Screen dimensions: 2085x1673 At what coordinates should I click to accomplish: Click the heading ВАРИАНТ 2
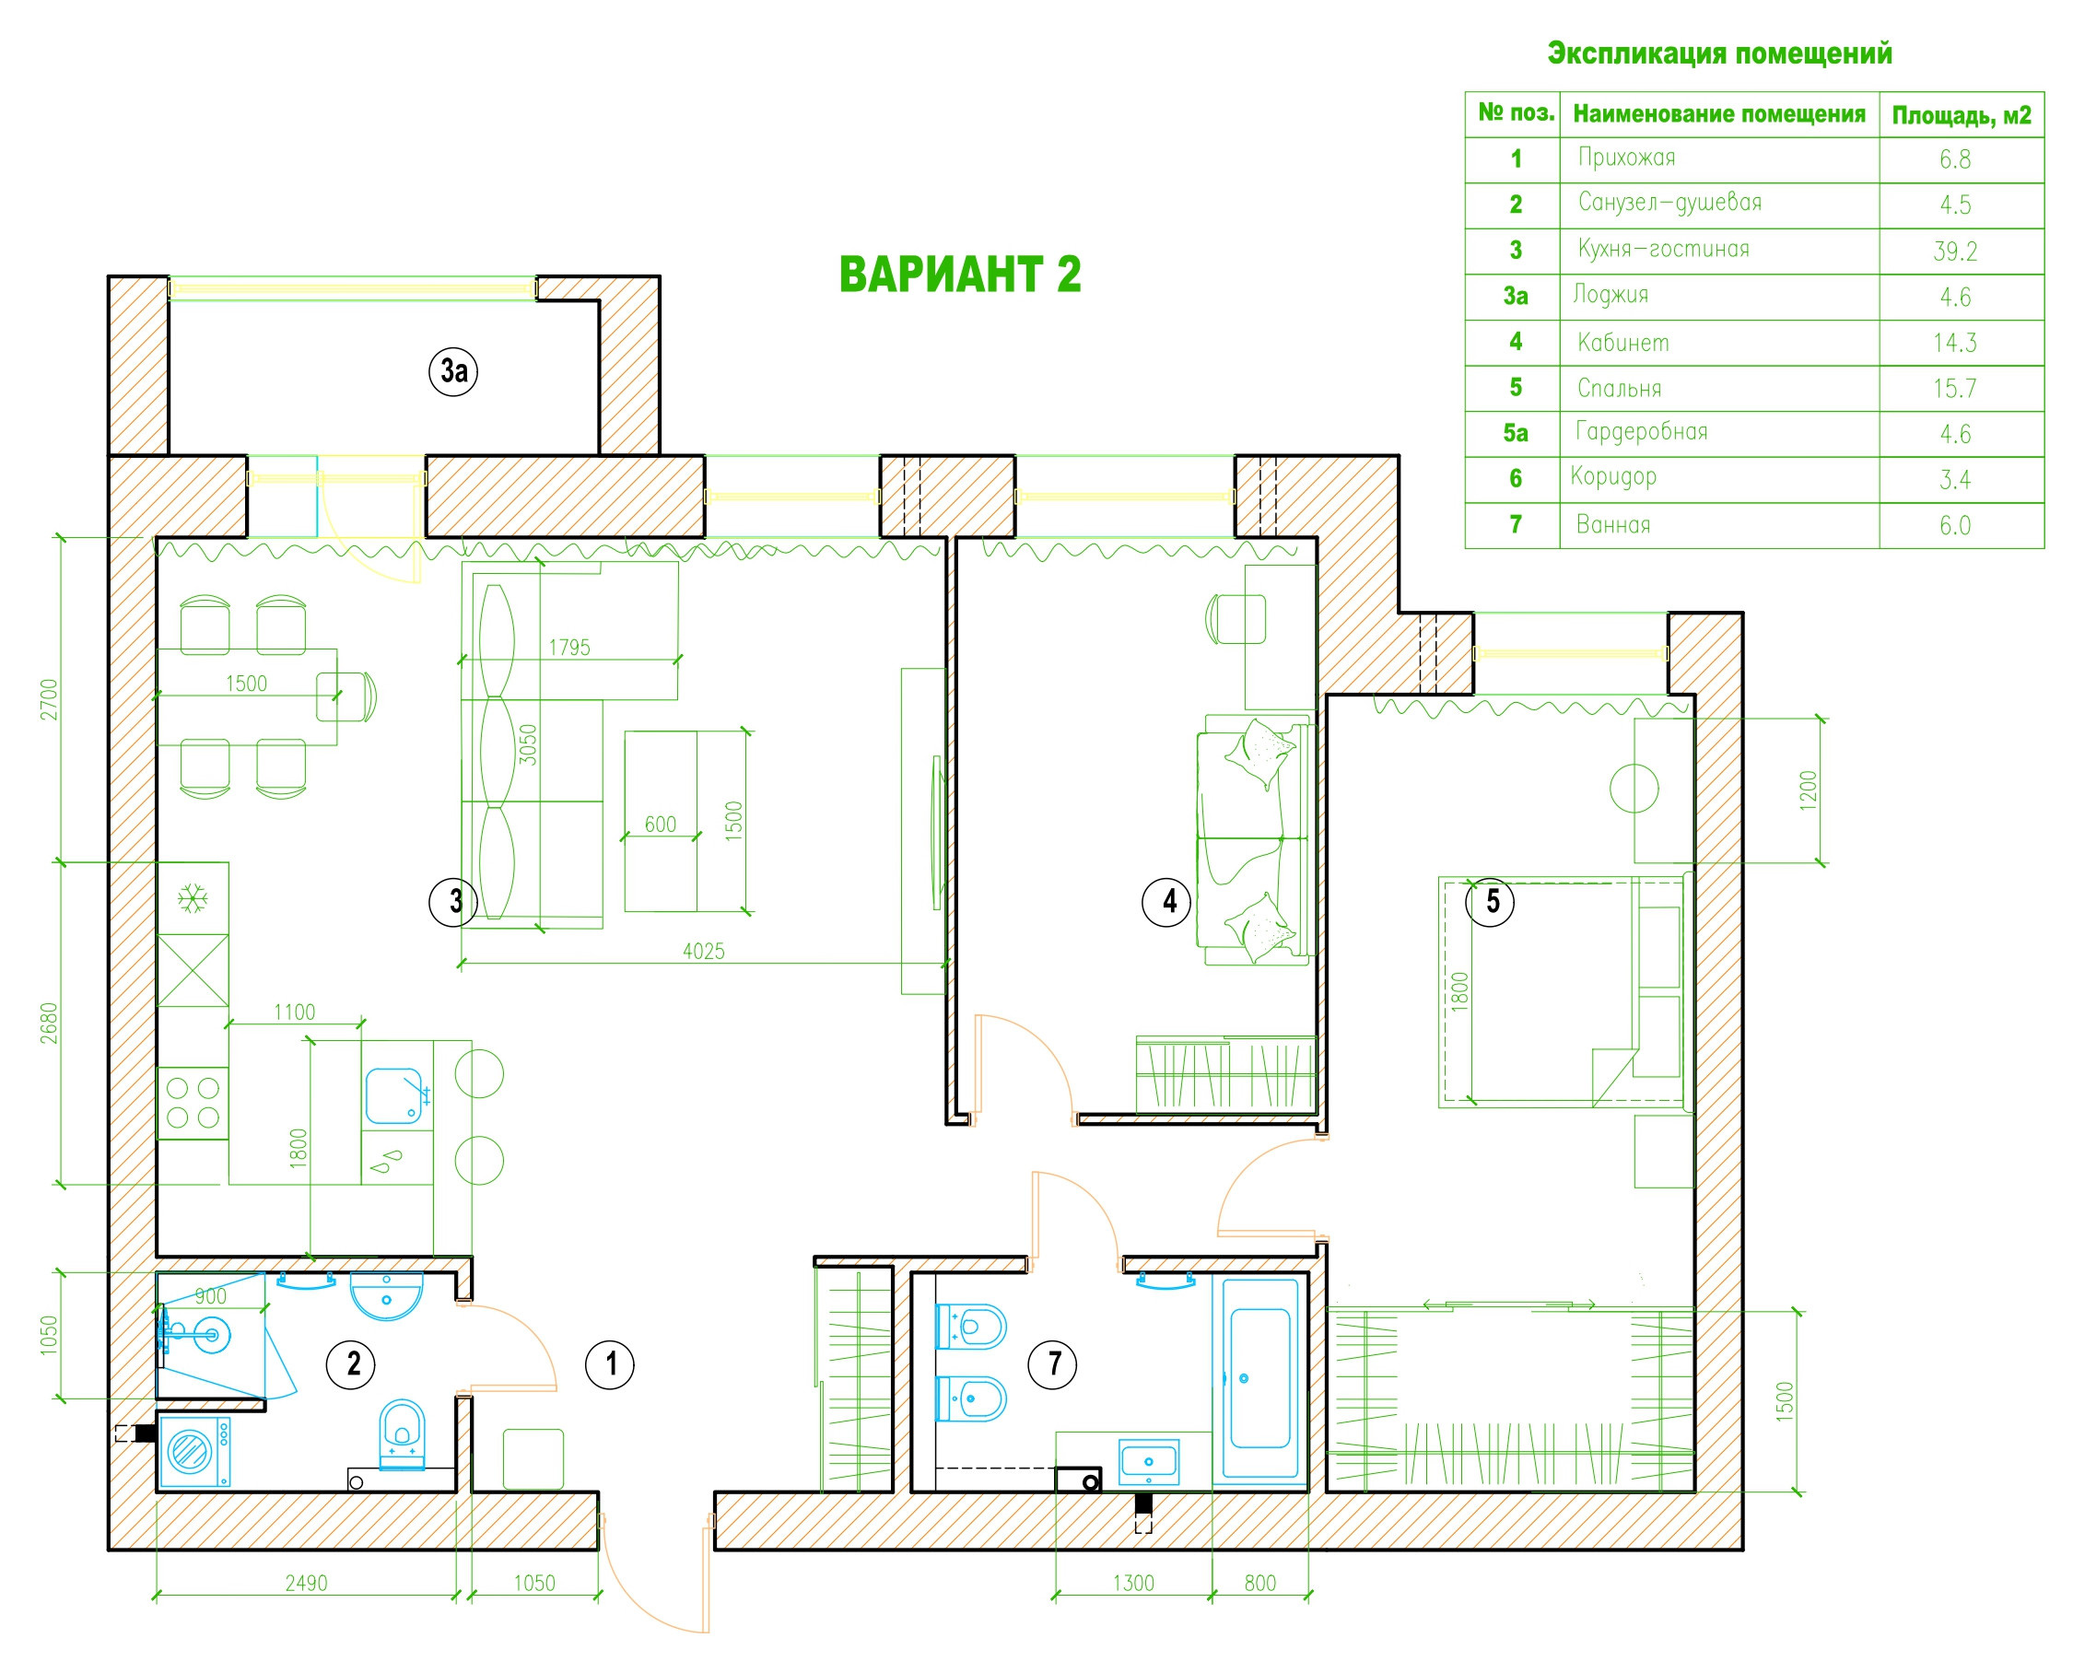(x=959, y=275)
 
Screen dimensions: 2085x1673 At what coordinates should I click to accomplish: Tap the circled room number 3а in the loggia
(x=453, y=370)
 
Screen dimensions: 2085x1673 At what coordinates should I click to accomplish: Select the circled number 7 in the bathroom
(x=1053, y=1363)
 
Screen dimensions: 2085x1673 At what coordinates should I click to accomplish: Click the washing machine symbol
(x=194, y=1451)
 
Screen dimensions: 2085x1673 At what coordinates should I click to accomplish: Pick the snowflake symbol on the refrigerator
(x=193, y=899)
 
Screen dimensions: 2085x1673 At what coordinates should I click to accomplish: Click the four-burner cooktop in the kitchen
(x=193, y=1104)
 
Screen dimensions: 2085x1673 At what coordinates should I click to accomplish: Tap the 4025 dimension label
(x=703, y=951)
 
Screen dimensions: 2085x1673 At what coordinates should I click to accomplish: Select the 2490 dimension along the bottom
(x=306, y=1584)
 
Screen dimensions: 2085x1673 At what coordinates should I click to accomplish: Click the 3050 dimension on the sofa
(x=527, y=744)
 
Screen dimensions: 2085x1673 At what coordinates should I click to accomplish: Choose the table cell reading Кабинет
(x=1622, y=343)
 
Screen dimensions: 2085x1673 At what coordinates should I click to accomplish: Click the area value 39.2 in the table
(x=1954, y=252)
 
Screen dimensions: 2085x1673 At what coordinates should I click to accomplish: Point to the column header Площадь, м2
(x=1962, y=116)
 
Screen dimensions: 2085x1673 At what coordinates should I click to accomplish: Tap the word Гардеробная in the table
(x=1641, y=432)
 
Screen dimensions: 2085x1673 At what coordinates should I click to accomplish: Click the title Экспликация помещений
(x=1719, y=53)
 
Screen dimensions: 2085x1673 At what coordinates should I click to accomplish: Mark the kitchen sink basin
(x=393, y=1094)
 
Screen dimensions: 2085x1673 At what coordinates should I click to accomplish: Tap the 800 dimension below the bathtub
(x=1260, y=1584)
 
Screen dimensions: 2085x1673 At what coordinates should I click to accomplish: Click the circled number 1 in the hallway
(x=609, y=1363)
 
